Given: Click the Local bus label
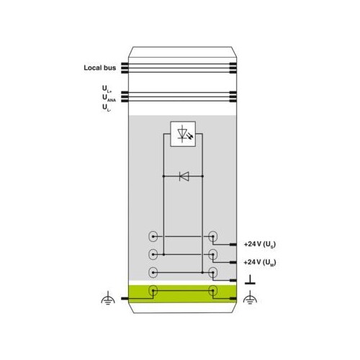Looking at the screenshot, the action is [100, 68].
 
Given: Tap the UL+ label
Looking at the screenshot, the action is [107, 89].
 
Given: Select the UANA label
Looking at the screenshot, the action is [109, 98].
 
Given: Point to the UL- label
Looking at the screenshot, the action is [107, 107].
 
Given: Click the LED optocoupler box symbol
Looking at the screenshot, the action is [183, 134].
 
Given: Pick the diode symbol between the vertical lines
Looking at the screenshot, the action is [184, 176].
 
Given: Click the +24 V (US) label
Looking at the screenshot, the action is [260, 244].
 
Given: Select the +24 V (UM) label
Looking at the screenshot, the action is [260, 262].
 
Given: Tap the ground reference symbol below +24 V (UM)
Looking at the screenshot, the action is [250, 280].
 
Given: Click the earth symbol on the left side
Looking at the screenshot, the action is [108, 298].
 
